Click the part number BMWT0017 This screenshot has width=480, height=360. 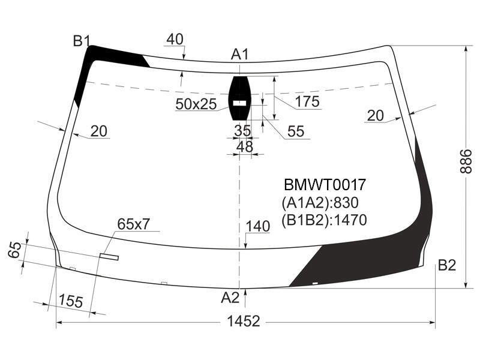tap(325, 185)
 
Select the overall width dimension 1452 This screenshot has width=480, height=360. tap(244, 322)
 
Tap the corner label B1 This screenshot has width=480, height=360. tap(82, 41)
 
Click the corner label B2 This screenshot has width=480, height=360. tap(447, 265)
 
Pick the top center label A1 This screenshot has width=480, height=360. tap(239, 55)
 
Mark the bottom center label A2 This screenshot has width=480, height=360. tap(230, 297)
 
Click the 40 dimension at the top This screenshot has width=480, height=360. tap(175, 39)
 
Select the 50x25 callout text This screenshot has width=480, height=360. tap(196, 104)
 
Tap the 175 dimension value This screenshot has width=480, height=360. tap(308, 101)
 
